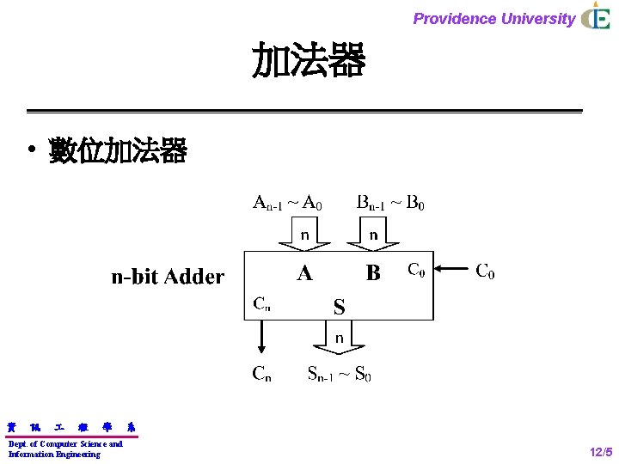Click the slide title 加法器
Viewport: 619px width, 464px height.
point(309,62)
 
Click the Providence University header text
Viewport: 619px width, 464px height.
point(493,18)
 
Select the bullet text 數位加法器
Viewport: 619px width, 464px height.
point(118,152)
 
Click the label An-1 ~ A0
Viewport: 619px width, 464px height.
point(287,204)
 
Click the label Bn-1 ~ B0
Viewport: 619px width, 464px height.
point(390,204)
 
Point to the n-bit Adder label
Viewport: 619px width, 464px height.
point(168,277)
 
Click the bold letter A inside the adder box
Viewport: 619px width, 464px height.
point(304,273)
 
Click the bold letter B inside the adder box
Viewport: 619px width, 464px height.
point(373,273)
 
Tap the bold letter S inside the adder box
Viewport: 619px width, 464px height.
point(339,307)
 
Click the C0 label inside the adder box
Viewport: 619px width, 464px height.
point(415,271)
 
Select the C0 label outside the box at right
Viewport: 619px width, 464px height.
point(485,272)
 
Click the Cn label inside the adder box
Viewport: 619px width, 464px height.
point(261,303)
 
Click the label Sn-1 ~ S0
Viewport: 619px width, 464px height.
point(340,374)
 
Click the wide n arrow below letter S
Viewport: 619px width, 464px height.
point(339,338)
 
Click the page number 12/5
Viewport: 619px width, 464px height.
point(601,452)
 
